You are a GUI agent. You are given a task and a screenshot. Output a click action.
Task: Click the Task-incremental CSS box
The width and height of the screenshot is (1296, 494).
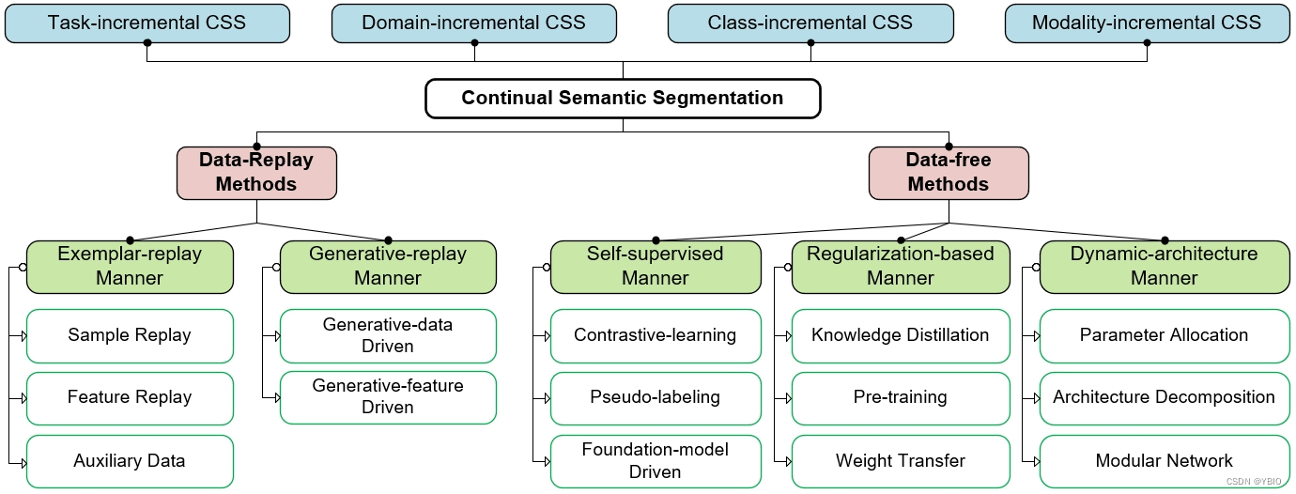click(147, 23)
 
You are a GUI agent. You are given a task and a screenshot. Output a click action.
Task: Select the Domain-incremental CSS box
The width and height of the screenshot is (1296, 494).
click(474, 23)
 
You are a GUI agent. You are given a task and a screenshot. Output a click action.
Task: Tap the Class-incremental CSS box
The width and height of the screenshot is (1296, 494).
click(810, 23)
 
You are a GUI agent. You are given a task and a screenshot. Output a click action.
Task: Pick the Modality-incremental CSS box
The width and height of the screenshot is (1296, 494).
click(1147, 23)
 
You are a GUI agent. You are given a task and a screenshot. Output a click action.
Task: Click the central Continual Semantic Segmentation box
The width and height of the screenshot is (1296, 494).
click(623, 98)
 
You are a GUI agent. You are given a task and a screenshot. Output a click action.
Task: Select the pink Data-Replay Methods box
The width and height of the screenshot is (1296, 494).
click(256, 173)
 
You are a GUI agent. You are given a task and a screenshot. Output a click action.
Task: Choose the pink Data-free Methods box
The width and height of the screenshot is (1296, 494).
click(949, 173)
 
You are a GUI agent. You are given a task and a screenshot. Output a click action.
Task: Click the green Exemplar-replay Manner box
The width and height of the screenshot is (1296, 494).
click(130, 266)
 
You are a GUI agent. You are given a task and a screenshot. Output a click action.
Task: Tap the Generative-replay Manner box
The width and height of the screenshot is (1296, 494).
click(388, 266)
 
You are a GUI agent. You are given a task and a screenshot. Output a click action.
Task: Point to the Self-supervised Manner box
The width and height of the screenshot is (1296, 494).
click(656, 266)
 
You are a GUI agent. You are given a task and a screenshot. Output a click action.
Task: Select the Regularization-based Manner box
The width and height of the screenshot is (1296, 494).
click(901, 266)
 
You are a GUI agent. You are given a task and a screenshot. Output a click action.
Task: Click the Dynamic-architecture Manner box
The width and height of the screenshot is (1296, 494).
click(1165, 266)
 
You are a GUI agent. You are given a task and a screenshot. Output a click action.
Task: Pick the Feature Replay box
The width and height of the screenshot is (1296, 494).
click(130, 397)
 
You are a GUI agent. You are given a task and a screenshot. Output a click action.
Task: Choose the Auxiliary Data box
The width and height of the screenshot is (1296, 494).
click(130, 460)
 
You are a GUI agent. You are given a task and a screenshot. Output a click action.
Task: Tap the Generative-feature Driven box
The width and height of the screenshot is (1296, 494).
click(388, 397)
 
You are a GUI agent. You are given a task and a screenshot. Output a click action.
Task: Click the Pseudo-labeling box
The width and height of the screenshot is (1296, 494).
click(656, 397)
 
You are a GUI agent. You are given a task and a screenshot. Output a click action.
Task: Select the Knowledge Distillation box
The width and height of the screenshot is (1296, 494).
click(901, 335)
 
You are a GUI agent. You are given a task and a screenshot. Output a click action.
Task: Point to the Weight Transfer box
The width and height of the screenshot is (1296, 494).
click(901, 460)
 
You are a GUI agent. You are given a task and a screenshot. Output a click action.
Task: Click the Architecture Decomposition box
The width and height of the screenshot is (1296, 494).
click(1165, 397)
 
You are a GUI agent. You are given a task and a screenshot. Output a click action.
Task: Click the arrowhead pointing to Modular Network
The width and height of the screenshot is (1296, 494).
click(1035, 461)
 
